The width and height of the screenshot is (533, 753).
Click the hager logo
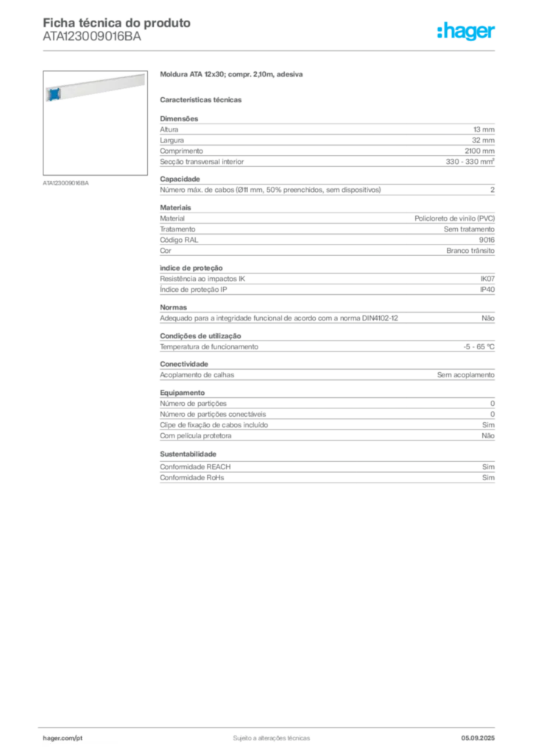tap(466, 31)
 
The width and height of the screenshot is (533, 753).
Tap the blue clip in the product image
tap(54, 94)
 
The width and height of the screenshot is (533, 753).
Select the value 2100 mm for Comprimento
tap(479, 151)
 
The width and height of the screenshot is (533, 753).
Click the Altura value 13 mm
tap(484, 129)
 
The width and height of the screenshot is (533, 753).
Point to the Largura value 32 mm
tap(483, 140)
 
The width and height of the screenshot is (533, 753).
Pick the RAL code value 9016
tap(487, 240)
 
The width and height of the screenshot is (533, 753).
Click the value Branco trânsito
tap(470, 251)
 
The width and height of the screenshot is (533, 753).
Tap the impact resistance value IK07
tap(487, 279)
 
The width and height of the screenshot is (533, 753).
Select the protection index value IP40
tap(487, 290)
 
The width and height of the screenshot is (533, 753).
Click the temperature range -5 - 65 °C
tap(479, 347)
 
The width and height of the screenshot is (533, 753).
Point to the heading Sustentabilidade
tap(188, 454)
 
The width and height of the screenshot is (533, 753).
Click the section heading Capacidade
tap(180, 179)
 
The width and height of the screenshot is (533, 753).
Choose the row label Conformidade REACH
tap(195, 467)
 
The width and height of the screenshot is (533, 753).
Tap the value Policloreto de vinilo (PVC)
tap(455, 218)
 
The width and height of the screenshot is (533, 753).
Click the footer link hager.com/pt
tap(63, 738)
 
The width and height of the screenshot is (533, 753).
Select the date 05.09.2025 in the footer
tap(478, 738)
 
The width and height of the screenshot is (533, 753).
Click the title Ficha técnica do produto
tap(117, 23)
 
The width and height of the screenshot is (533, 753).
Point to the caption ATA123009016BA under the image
tap(66, 183)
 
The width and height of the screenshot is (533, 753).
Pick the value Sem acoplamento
tap(466, 375)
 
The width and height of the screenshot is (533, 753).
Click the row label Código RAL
tap(179, 240)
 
